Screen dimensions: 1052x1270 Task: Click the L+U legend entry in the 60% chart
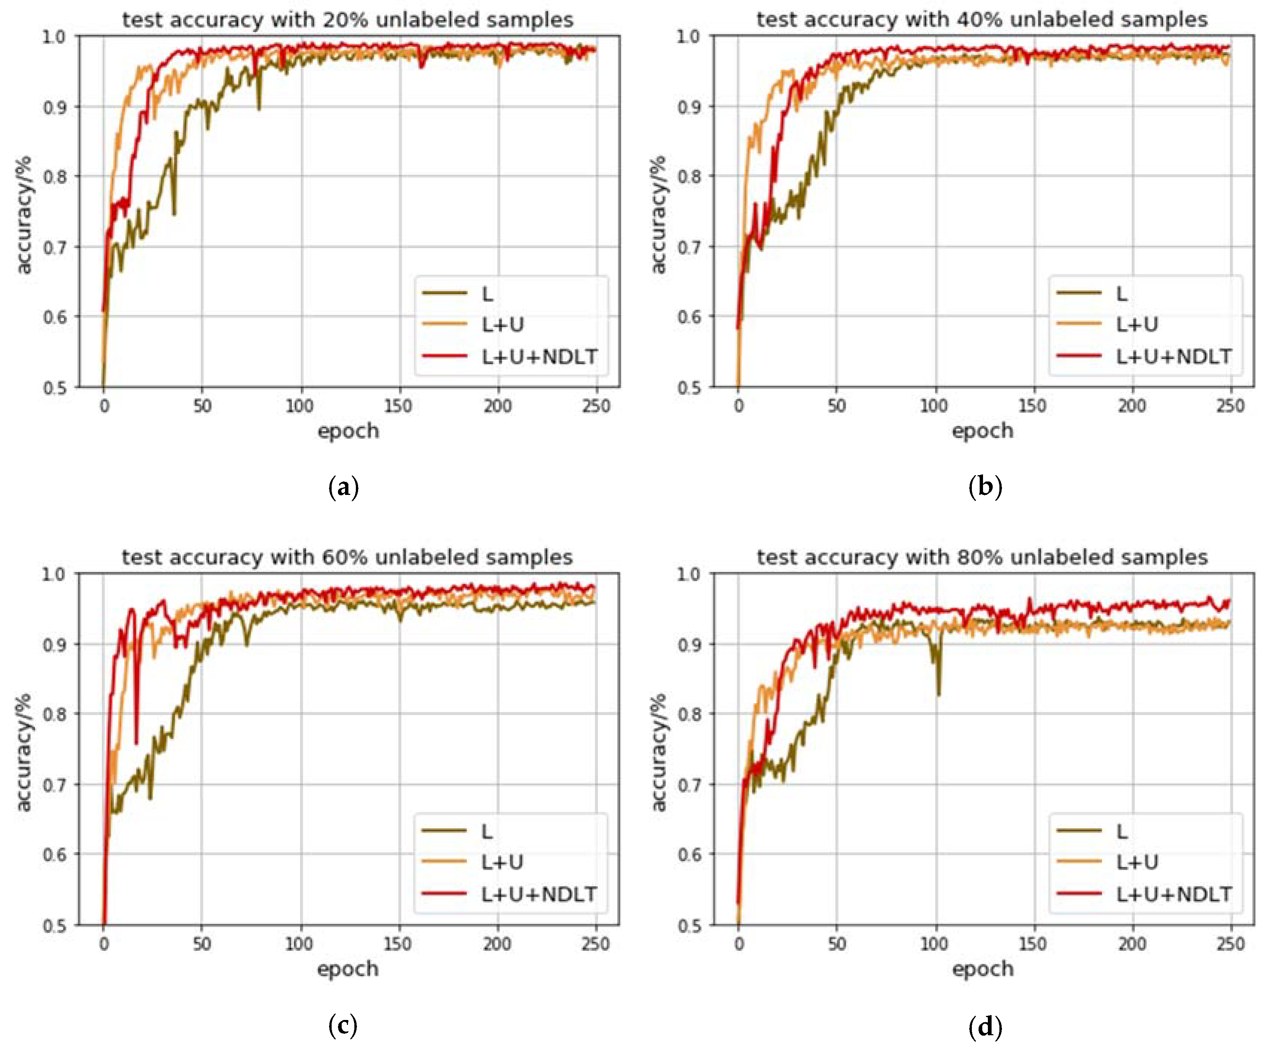click(502, 862)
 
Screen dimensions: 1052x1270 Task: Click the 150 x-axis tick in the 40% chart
click(1033, 406)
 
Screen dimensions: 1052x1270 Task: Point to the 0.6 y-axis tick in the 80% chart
click(689, 855)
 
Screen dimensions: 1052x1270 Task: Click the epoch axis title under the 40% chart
click(982, 431)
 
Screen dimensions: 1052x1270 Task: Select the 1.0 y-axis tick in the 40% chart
click(689, 36)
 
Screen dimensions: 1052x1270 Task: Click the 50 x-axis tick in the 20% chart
click(202, 406)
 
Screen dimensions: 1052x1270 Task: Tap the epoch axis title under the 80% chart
click(982, 969)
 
